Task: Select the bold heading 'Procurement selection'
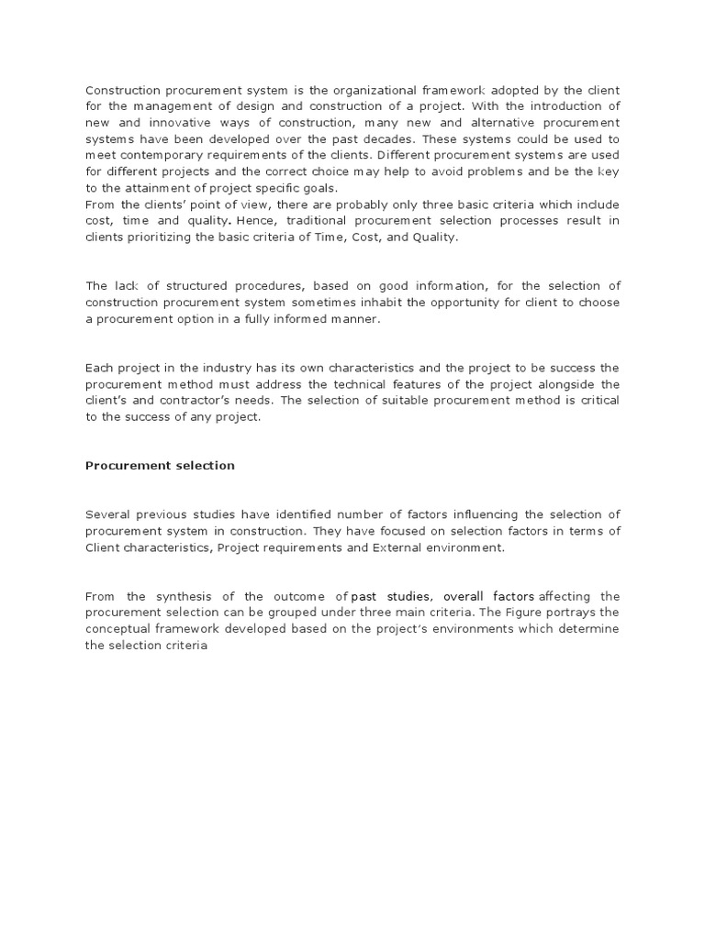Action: pos(160,465)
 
